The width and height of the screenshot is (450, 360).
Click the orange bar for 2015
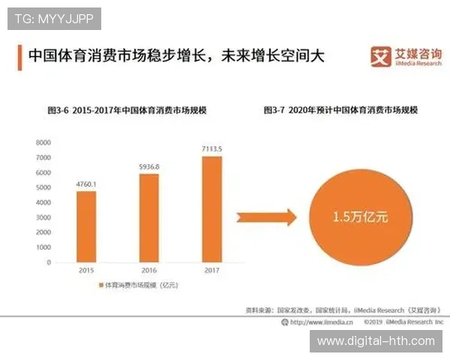(x=86, y=226)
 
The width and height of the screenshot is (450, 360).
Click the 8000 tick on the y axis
(x=43, y=142)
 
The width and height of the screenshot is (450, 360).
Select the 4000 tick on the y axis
(x=43, y=202)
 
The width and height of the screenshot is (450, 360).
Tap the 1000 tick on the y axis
(x=43, y=247)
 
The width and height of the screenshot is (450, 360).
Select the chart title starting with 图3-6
(x=127, y=110)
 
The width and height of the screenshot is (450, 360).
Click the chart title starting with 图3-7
(x=340, y=110)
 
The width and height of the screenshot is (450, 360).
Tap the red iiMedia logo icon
(x=382, y=57)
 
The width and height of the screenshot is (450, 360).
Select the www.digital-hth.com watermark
(x=375, y=341)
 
